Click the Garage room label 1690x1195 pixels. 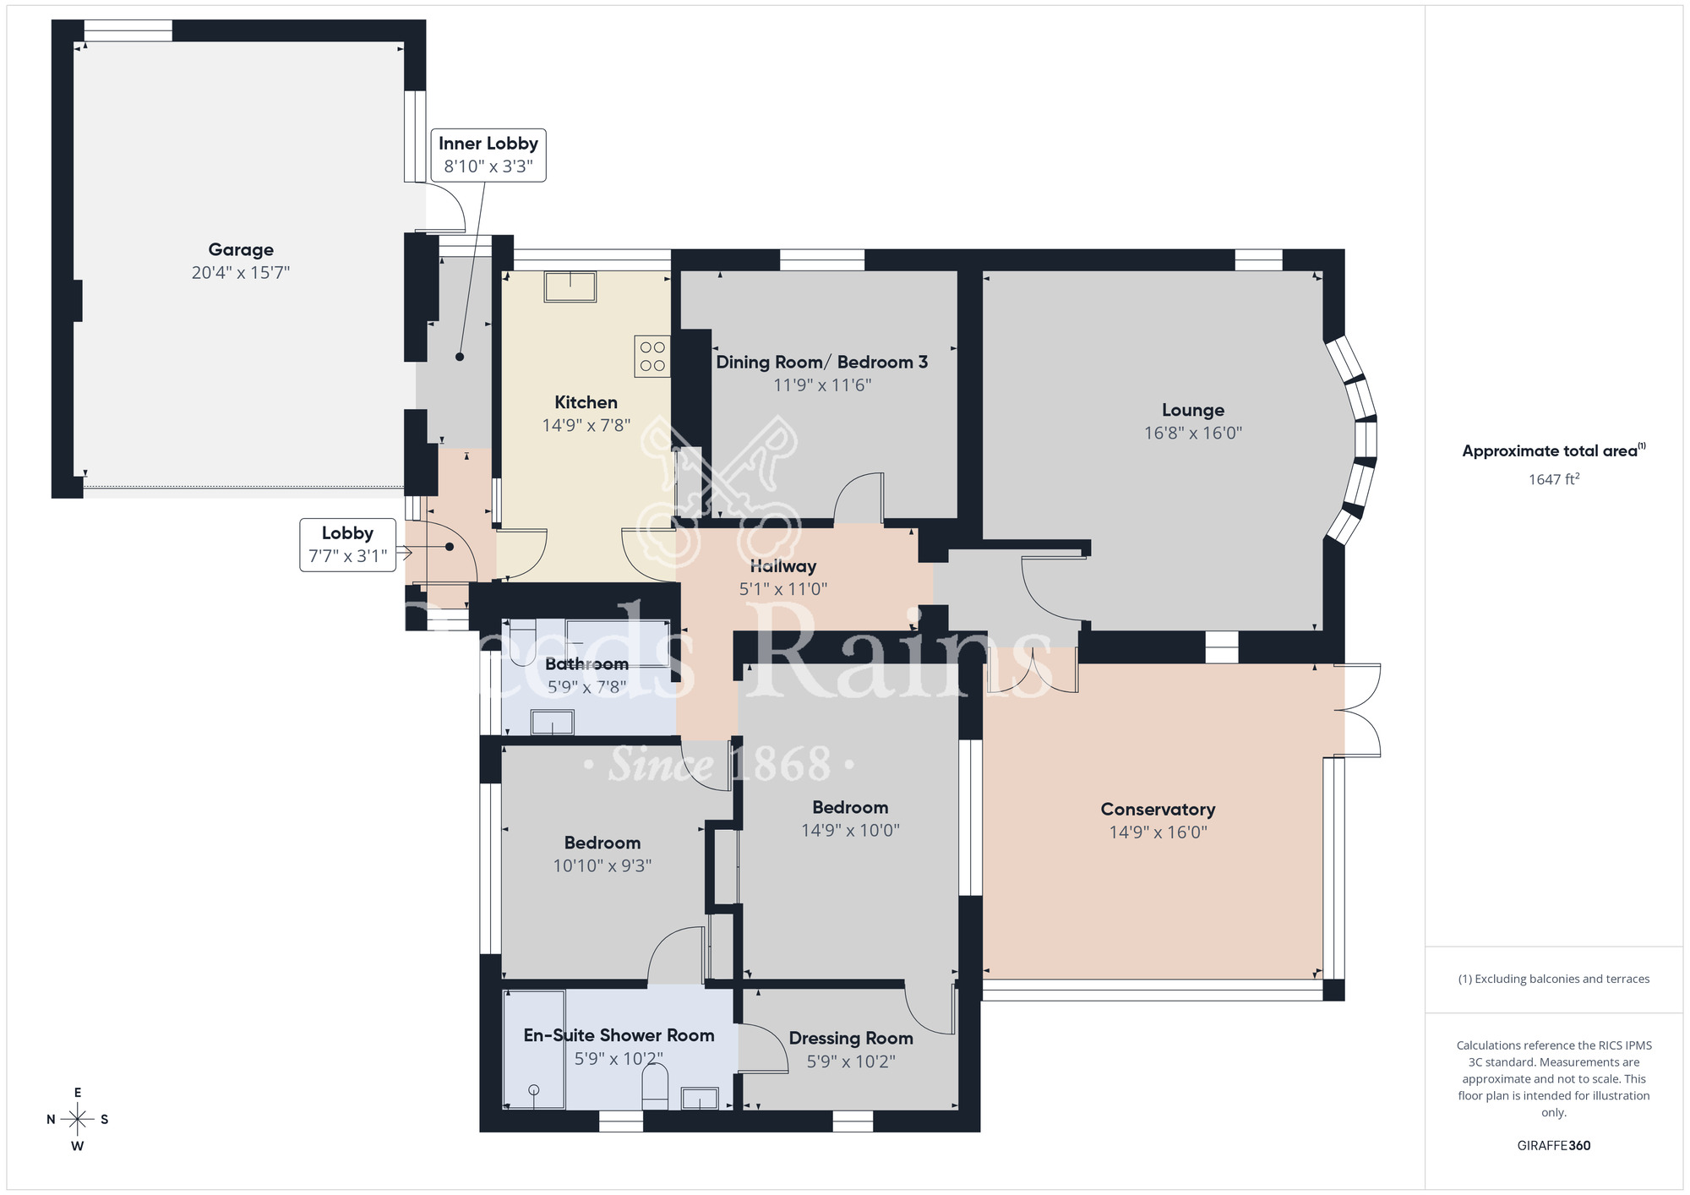(241, 249)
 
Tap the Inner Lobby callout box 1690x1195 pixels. (488, 155)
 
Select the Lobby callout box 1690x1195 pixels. (347, 544)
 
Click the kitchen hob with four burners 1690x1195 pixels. (652, 356)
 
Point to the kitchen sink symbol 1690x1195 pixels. (570, 286)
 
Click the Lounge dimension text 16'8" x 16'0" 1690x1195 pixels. (1192, 433)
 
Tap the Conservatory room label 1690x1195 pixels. (1158, 809)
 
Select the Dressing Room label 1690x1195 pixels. (851, 1038)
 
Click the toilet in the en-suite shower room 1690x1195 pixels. (655, 1087)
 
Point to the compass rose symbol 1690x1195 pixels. (78, 1120)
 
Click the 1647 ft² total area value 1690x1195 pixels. (1553, 479)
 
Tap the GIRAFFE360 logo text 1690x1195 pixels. (1553, 1145)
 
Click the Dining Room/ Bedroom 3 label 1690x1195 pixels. (821, 362)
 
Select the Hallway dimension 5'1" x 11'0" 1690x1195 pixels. (782, 589)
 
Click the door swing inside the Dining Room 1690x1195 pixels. (858, 499)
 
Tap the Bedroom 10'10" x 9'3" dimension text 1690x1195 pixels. (602, 865)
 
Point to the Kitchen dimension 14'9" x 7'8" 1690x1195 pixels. (586, 425)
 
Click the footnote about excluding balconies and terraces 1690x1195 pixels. (1553, 979)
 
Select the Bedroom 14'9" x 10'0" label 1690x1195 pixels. (850, 807)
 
